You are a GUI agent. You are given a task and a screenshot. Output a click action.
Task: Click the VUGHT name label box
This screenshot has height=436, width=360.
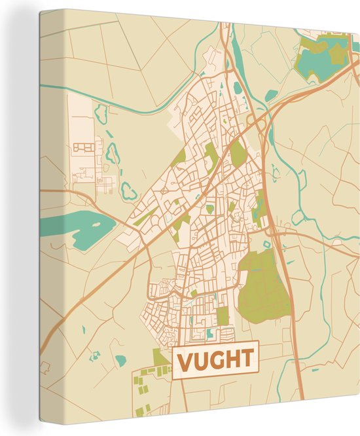[x=215, y=359]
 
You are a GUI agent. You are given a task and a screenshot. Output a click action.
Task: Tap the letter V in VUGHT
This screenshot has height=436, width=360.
[x=185, y=360]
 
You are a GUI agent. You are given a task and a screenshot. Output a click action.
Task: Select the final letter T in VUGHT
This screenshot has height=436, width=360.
[x=247, y=360]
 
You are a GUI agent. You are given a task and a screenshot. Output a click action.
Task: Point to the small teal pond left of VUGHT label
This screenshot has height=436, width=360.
[x=120, y=359]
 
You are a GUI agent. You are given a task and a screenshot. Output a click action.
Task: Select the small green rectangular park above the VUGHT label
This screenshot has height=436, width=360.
[x=223, y=316]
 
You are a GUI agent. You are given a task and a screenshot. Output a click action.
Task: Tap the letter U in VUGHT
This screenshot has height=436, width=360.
[x=200, y=360]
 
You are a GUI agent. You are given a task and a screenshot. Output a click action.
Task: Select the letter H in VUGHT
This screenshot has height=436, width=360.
[x=232, y=360]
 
